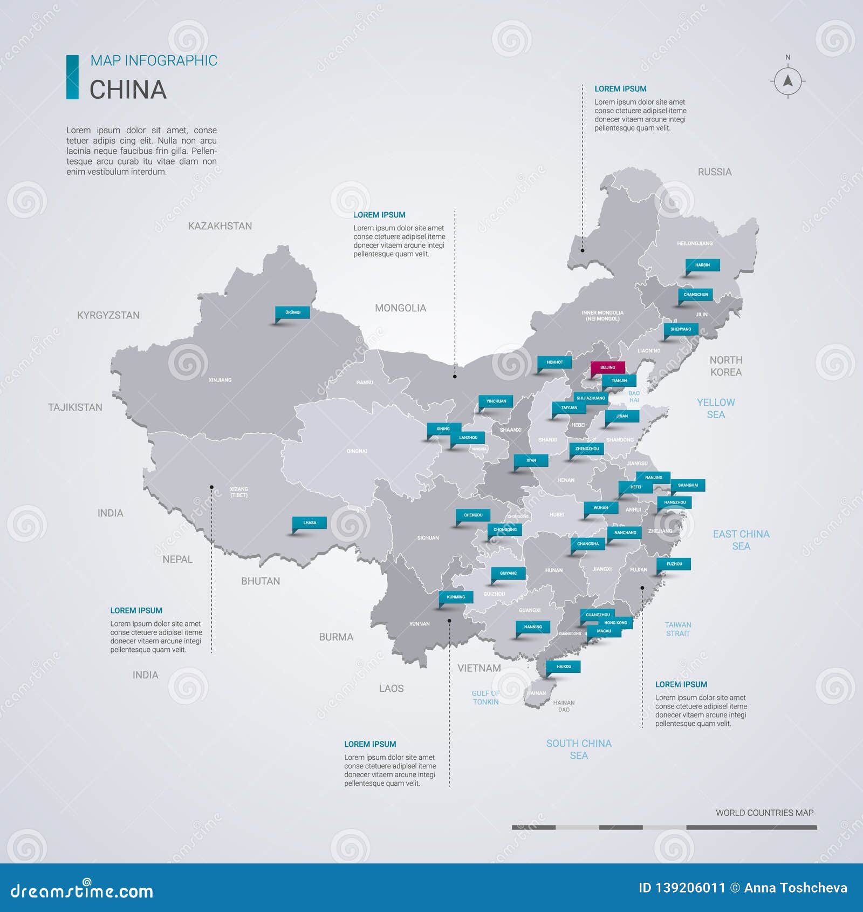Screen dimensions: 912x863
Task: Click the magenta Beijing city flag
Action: click(608, 367)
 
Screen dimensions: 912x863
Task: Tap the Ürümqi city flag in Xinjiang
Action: click(293, 312)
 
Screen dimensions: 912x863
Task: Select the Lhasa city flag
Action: click(310, 523)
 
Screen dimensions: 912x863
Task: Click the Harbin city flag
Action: click(702, 265)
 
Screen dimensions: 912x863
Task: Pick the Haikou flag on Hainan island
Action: click(564, 666)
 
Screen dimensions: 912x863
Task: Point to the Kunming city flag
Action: click(456, 597)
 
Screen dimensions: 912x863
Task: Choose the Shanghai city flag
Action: click(688, 485)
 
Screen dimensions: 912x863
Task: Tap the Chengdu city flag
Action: click(473, 515)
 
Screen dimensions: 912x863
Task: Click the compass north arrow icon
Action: click(787, 81)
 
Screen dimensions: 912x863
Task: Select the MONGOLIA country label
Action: click(400, 308)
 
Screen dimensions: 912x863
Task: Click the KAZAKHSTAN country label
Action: click(220, 226)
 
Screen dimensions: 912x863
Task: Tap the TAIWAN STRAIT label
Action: click(677, 629)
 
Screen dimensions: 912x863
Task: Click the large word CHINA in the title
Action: click(128, 90)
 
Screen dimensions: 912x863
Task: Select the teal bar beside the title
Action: click(72, 77)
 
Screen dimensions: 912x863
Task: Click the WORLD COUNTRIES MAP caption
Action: click(764, 813)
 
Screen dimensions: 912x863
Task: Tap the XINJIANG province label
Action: click(220, 380)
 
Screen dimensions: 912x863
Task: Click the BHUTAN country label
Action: click(261, 581)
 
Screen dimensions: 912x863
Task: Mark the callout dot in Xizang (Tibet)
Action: click(211, 487)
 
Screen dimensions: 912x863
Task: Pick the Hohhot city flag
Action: click(554, 363)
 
